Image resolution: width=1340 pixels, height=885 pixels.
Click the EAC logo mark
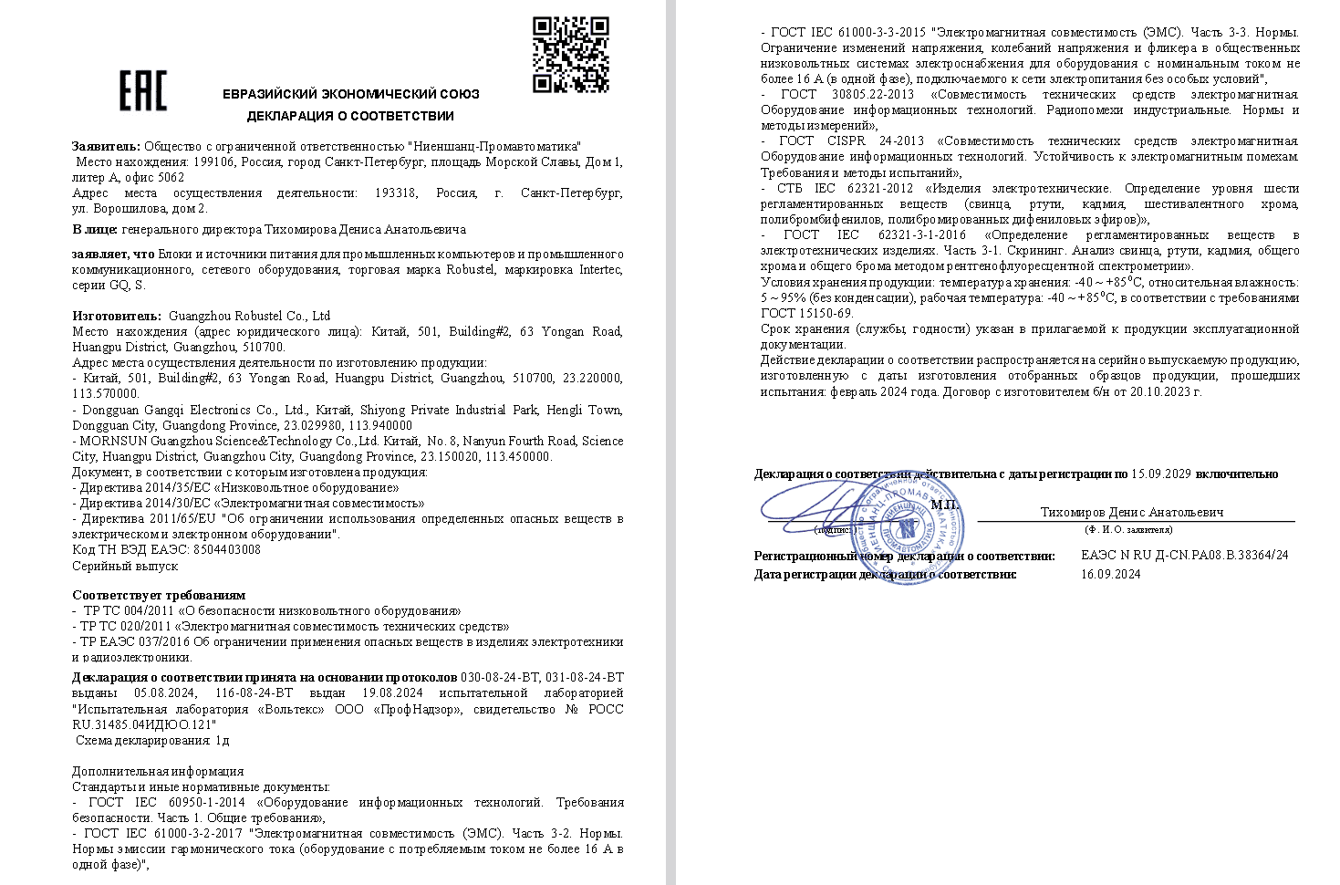(x=143, y=90)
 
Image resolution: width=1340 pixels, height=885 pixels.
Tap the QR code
(x=571, y=55)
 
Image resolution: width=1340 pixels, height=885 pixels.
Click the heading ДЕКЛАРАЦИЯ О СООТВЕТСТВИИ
(x=350, y=116)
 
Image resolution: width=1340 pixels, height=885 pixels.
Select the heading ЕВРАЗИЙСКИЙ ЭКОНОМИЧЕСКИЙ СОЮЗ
(x=350, y=94)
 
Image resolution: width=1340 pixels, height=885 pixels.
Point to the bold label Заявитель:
(x=107, y=146)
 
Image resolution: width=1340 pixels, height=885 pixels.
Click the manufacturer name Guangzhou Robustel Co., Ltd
(x=250, y=316)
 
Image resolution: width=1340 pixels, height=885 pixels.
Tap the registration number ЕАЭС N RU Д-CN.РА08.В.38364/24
(x=1184, y=555)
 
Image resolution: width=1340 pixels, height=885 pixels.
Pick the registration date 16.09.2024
(x=1110, y=574)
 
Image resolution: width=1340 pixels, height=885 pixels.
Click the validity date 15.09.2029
(x=1161, y=474)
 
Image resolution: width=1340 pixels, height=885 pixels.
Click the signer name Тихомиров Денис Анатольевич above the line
(x=1131, y=512)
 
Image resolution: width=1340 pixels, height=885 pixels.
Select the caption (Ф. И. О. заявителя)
(x=1128, y=529)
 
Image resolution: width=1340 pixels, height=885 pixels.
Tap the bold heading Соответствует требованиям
(x=159, y=595)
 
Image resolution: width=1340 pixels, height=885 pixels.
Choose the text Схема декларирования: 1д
(x=151, y=740)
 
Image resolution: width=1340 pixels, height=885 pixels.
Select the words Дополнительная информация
(x=158, y=771)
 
